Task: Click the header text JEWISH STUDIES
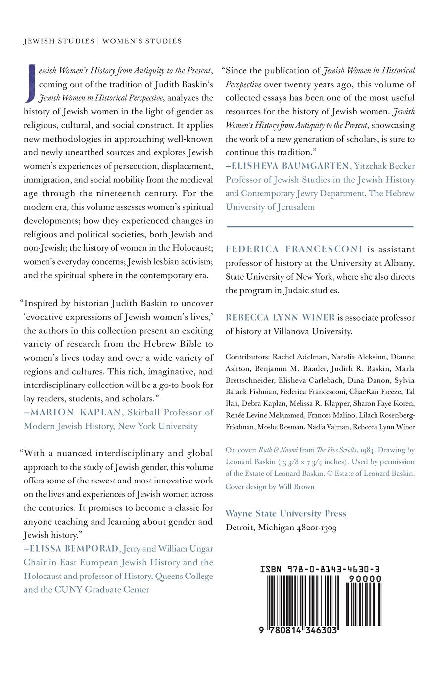pos(58,41)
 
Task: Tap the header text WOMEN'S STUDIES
pos(142,41)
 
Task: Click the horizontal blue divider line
pos(319,226)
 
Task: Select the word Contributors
pos(246,357)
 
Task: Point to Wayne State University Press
pos(286,514)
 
